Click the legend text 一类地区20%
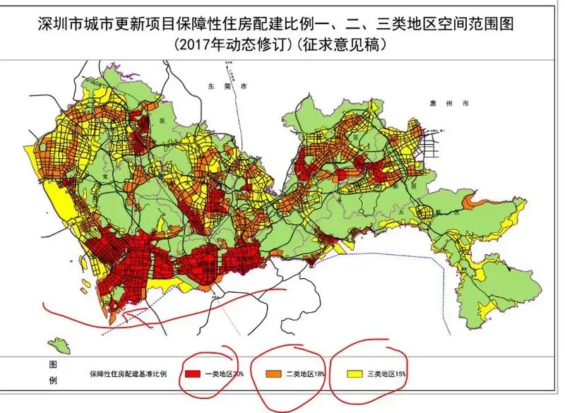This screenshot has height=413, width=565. (225, 373)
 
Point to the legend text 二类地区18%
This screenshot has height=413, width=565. (307, 373)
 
